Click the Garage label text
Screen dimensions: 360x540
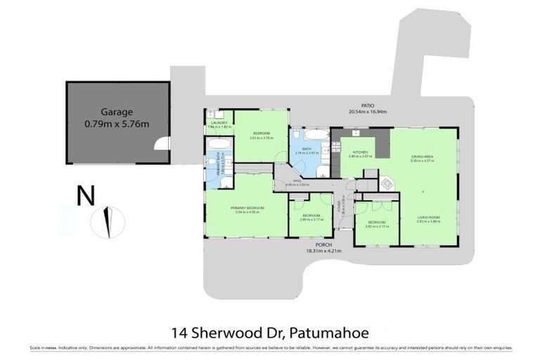(x=116, y=111)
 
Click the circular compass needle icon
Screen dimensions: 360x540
(x=108, y=221)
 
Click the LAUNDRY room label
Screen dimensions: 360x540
(x=217, y=122)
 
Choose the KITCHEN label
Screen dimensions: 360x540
(x=360, y=152)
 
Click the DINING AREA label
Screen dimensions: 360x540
(x=422, y=157)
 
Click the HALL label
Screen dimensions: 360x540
(x=297, y=181)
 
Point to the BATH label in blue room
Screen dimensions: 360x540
(x=307, y=148)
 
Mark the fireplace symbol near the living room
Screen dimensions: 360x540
(x=386, y=184)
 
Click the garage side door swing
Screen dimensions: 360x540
(x=163, y=144)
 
